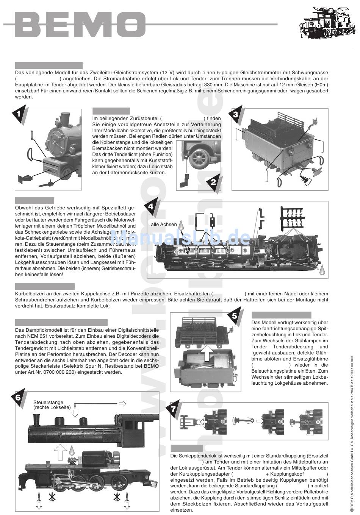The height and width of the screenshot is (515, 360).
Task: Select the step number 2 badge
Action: click(213, 182)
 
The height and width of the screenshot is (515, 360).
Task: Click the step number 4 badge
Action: click(151, 207)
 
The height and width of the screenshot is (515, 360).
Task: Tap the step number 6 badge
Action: click(18, 397)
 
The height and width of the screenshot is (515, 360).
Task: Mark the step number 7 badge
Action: click(173, 409)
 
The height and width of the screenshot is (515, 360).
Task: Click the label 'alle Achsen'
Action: click(164, 225)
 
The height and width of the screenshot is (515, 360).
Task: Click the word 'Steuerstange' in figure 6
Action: click(48, 403)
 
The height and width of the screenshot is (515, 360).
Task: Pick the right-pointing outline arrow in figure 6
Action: click(122, 403)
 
